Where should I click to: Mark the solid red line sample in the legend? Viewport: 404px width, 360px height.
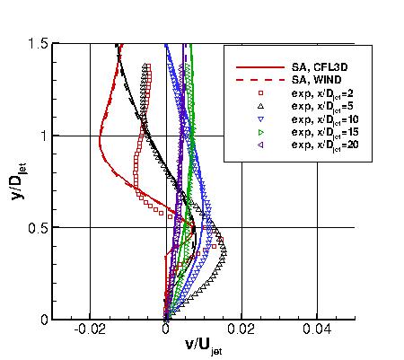coord(253,66)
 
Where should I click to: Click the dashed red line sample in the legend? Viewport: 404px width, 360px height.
coord(253,79)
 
